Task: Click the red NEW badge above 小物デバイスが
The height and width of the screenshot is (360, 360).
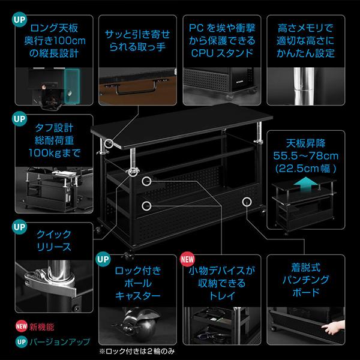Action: tap(188, 259)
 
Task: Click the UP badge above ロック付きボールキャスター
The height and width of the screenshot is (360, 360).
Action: tap(102, 259)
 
